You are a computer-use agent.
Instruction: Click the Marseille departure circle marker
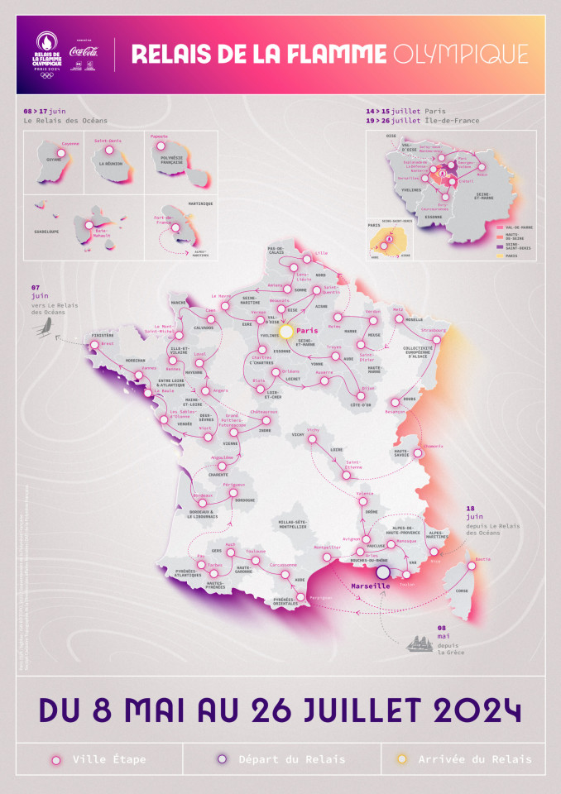pos(382,572)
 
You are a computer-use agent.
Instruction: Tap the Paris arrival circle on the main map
pos(286,331)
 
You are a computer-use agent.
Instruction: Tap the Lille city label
pos(322,253)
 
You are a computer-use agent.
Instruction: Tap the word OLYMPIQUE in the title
pos(460,55)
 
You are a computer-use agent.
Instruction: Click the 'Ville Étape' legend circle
pos(56,758)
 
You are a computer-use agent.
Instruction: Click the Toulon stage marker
pos(406,576)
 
